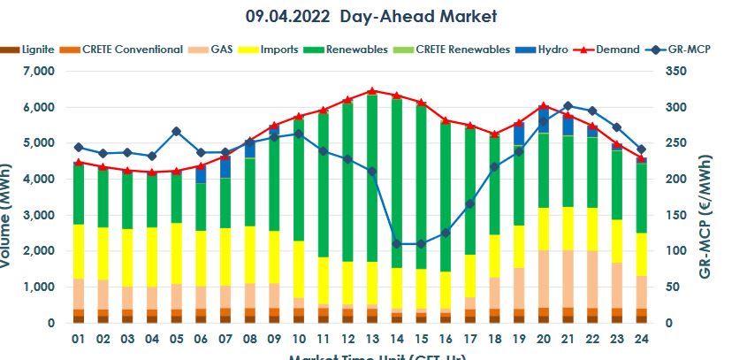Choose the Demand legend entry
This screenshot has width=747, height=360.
pos(618,50)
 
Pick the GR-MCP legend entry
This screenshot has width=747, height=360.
pos(689,50)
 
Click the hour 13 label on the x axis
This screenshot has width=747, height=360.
pos(372,339)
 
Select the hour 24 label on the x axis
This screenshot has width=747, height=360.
pos(641,339)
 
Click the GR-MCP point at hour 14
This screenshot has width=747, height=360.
pos(397,243)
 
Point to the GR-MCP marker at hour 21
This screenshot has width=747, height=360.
pos(568,106)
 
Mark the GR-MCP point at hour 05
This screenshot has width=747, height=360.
pos(177,131)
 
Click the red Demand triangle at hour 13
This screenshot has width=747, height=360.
pos(372,91)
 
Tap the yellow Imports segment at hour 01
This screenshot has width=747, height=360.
pos(79,251)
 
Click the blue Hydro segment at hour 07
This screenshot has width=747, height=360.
pos(225,166)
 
